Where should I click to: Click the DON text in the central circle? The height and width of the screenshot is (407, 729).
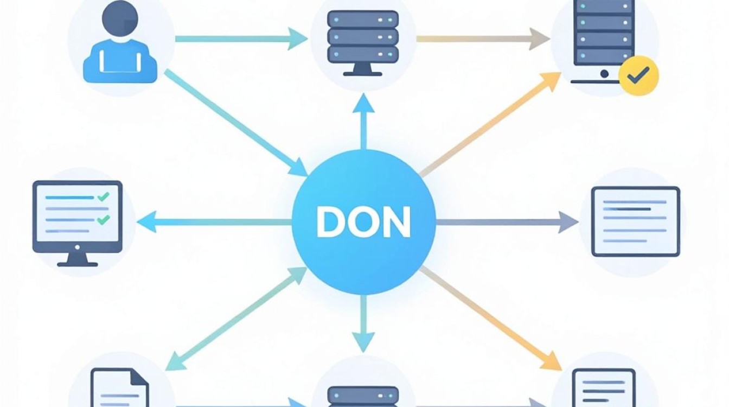pos(363,222)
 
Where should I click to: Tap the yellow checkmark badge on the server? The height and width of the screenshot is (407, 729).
pos(638,75)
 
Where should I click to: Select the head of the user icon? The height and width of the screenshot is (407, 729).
pos(120,18)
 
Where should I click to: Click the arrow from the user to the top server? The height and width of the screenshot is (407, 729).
pos(241,39)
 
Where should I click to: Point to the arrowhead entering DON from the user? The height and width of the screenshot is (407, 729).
pos(300,168)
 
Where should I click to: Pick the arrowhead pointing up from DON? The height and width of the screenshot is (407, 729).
pos(363,104)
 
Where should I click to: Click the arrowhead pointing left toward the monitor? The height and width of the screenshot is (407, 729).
pos(147,222)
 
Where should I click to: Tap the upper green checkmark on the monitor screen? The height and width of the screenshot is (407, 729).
pos(104,196)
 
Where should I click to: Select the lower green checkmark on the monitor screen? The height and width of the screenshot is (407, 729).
pos(104,220)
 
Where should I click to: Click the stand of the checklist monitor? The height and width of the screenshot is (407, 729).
pos(78,259)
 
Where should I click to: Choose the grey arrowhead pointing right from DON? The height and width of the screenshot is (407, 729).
pos(568,222)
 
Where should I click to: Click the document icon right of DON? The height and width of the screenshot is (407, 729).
pos(636,221)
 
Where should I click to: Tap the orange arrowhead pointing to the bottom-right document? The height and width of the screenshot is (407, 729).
pos(551,361)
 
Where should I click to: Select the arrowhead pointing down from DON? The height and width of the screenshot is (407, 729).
pos(363,342)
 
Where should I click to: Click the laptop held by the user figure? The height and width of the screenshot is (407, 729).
pos(120,62)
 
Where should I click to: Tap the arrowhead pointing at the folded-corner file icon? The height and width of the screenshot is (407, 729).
pos(176,361)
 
